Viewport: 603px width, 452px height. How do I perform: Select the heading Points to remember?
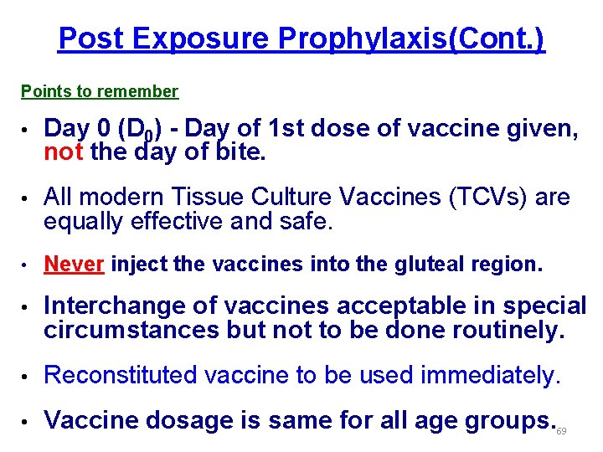tap(100, 91)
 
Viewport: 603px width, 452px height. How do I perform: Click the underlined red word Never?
tap(75, 265)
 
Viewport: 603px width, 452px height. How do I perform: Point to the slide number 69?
tap(561, 431)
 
